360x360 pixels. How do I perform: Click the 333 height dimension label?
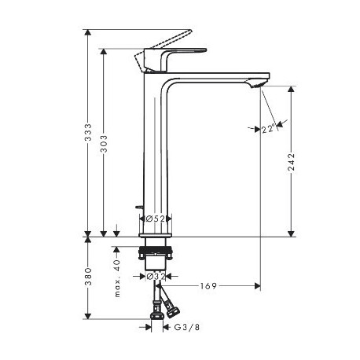tap(88, 132)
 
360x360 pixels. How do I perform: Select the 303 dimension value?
tap(104, 144)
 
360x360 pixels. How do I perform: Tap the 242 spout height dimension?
tap(292, 162)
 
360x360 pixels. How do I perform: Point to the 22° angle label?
tap(269, 129)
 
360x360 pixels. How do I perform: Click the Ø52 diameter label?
tap(156, 219)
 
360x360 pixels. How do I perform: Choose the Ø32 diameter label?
tap(156, 276)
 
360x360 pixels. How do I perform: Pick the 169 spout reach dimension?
tap(208, 286)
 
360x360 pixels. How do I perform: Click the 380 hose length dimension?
tap(88, 277)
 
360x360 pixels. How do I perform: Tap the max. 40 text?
tap(117, 278)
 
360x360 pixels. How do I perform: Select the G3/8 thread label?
tap(187, 327)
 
